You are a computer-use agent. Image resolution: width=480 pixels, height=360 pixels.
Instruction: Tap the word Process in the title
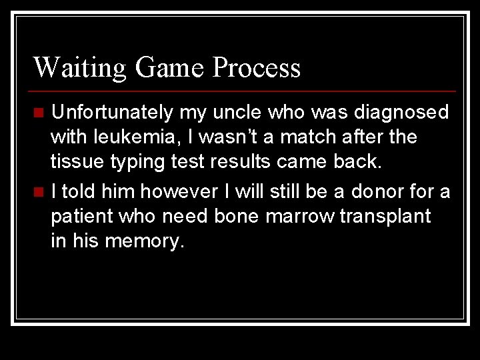pos(257,67)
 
